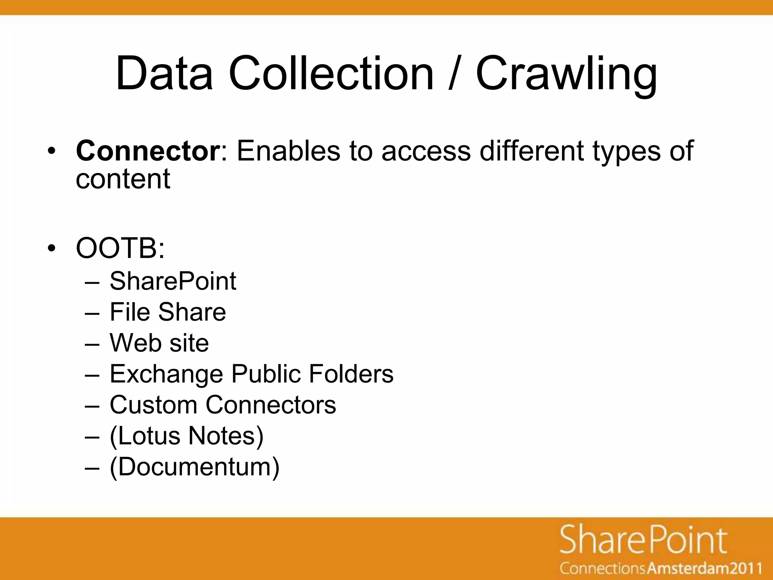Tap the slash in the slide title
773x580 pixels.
pos(454,74)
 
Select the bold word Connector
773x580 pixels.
pos(148,151)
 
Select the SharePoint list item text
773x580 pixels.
pos(173,281)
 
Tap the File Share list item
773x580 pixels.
pos(168,312)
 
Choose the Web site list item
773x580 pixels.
pos(159,343)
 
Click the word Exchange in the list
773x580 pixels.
pos(166,374)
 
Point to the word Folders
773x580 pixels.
pos(351,374)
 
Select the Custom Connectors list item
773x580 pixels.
pos(223,405)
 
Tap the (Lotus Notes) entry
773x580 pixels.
pos(186,436)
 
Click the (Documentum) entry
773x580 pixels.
pos(194,467)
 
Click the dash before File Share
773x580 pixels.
pos(92,313)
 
